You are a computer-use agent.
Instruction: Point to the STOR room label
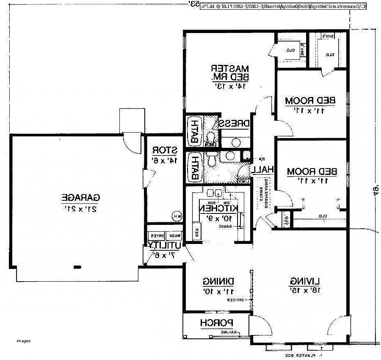[x=164, y=150]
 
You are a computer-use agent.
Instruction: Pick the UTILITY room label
[x=166, y=245]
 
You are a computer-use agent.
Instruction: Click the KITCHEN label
[x=219, y=209]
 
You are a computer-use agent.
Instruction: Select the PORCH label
[x=217, y=323]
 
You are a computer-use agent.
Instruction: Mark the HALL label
[x=263, y=169]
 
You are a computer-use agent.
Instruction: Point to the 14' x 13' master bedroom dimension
[x=230, y=86]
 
